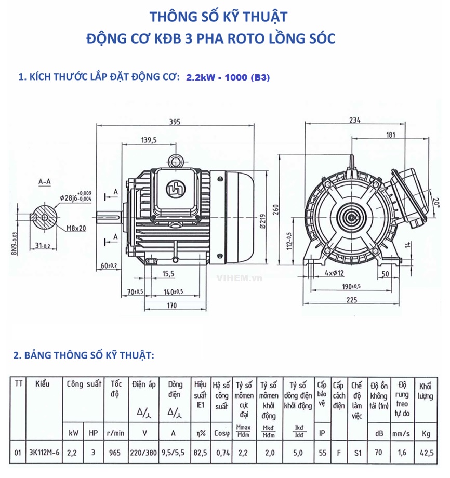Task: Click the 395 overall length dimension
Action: pyautogui.click(x=175, y=122)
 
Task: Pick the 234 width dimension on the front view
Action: pyautogui.click(x=354, y=120)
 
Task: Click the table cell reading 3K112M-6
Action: pyautogui.click(x=45, y=453)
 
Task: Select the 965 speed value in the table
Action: pyautogui.click(x=115, y=453)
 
